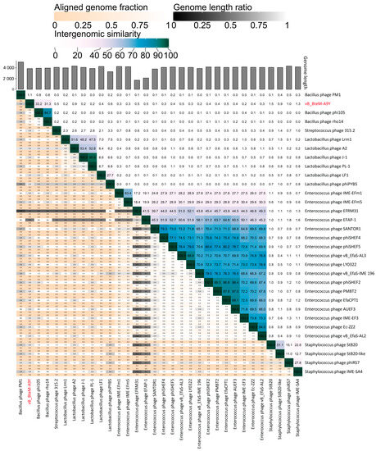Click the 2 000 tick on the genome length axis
pyautogui.click(x=8, y=79)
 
